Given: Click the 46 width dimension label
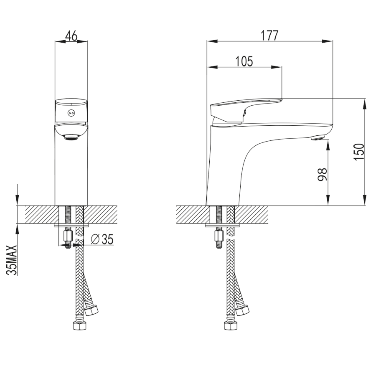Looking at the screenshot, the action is tap(71, 36).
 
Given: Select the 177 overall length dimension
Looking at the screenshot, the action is tap(270, 36).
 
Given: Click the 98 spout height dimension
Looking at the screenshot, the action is tap(322, 174).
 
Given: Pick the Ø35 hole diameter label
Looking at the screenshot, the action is tap(102, 239).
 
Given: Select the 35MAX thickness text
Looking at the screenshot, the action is tap(12, 260).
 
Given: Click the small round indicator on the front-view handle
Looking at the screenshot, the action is tap(71, 113).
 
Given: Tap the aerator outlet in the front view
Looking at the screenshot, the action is tap(71, 137).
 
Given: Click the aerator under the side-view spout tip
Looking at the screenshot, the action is tap(318, 137).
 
